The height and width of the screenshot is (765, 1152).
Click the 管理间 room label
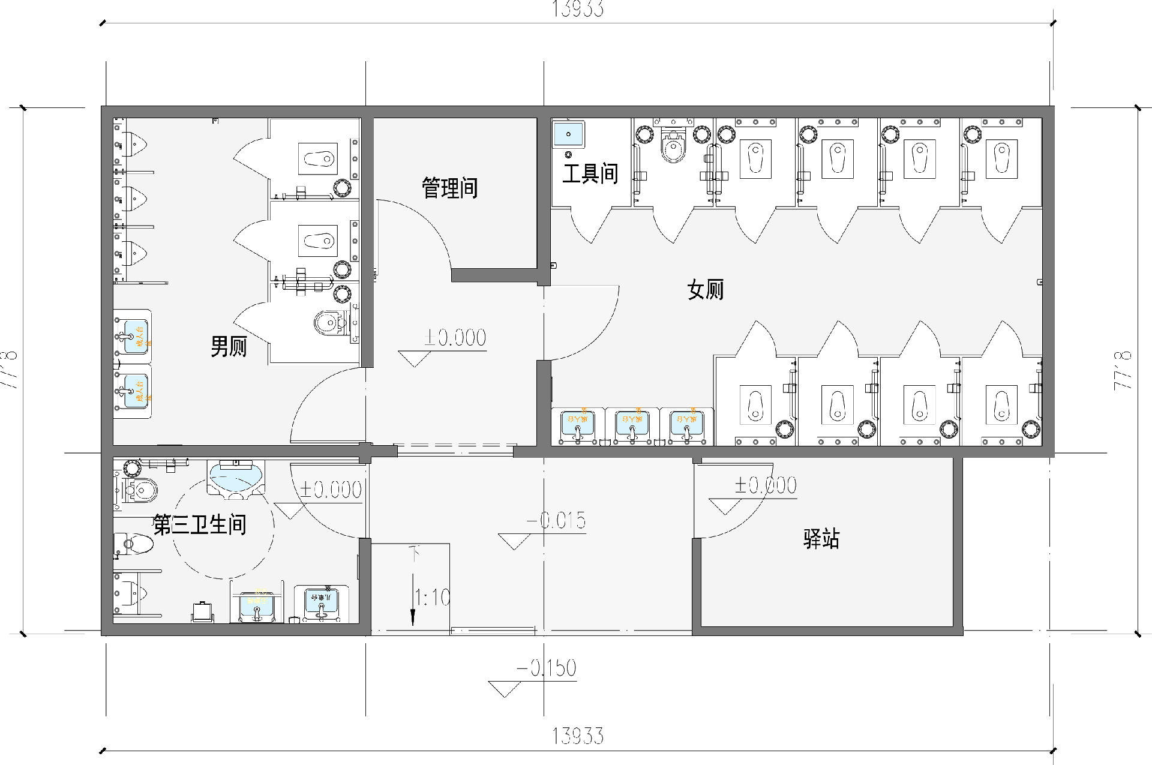pos(449,188)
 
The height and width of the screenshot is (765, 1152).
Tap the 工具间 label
pos(590,174)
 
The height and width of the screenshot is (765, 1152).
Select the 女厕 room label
pos(706,290)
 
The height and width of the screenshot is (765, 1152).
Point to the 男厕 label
pos(229,346)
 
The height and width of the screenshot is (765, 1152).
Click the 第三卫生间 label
pos(200,524)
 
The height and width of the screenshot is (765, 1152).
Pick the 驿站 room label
pos(821,538)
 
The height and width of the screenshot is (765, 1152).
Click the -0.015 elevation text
pos(557,520)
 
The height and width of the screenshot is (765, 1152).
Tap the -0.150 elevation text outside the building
pos(547,668)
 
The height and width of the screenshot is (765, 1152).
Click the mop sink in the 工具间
pos(568,134)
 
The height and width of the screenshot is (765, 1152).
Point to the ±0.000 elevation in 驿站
pos(766,485)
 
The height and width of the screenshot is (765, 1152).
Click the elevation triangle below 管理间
pos(414,359)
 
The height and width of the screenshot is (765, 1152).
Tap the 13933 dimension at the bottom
pos(577,736)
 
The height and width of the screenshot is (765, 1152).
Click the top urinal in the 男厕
pos(134,144)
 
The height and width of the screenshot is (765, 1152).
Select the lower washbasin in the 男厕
pos(134,391)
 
